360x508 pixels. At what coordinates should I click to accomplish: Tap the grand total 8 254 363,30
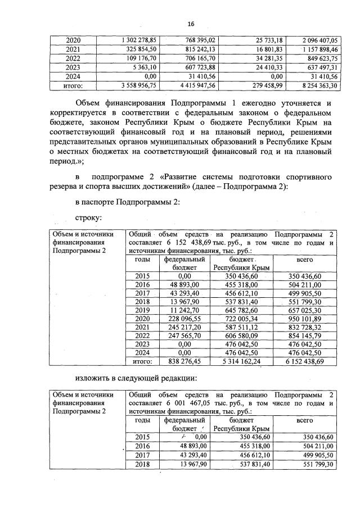317,85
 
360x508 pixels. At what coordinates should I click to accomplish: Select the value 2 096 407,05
317,40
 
